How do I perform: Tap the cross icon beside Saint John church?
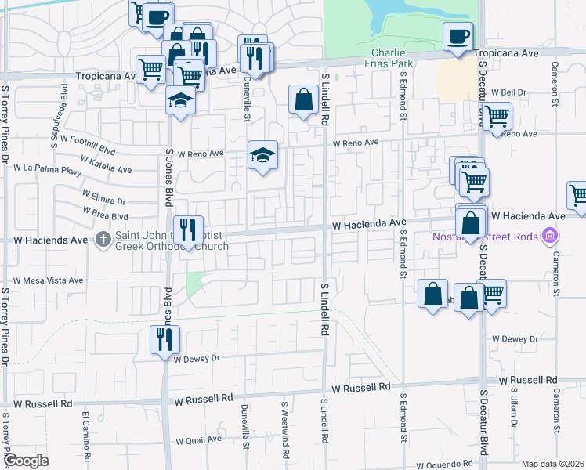(103, 240)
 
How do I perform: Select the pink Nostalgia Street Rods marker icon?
(550, 235)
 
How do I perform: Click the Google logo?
(26, 461)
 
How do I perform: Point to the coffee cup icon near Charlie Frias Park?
(458, 35)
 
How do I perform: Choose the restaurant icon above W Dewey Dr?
(165, 339)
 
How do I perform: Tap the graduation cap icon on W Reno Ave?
(263, 154)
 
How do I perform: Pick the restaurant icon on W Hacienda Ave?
(187, 230)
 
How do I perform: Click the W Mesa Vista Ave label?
(48, 280)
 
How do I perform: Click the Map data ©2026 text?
(552, 463)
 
